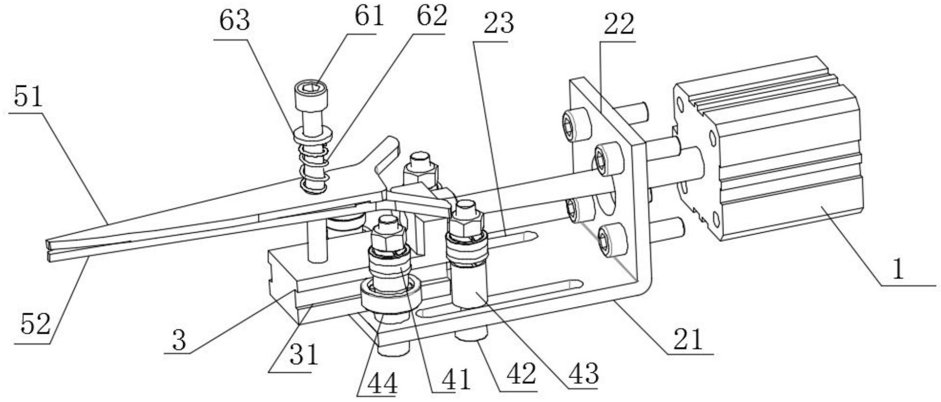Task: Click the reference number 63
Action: click(234, 21)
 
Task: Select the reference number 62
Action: click(431, 16)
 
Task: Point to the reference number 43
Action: click(583, 374)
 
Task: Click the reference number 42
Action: click(521, 374)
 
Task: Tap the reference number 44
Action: click(382, 384)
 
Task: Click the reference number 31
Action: click(304, 355)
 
